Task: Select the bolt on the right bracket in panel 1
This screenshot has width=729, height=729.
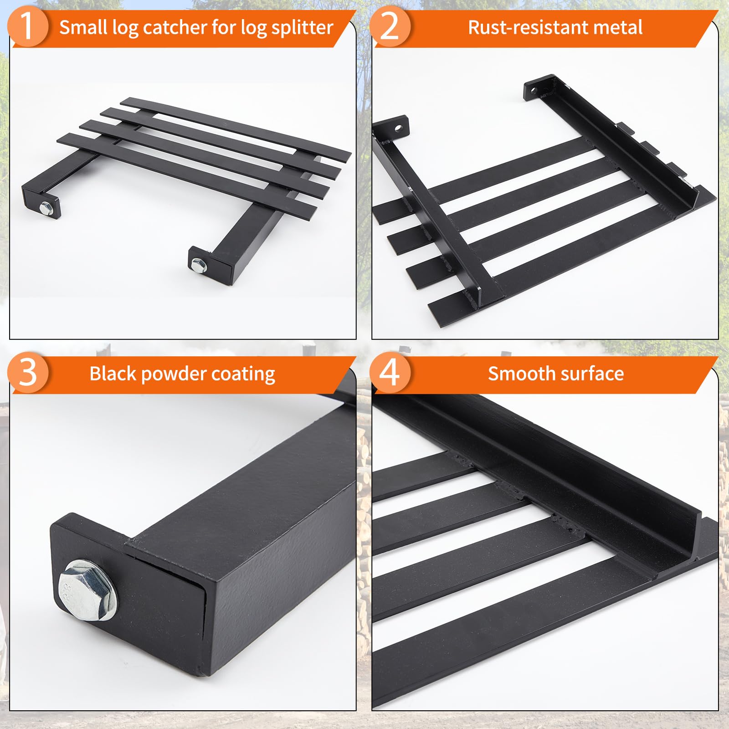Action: [198, 264]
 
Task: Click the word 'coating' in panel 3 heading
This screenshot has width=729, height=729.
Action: [243, 375]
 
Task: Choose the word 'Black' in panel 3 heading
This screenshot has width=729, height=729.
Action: [113, 374]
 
